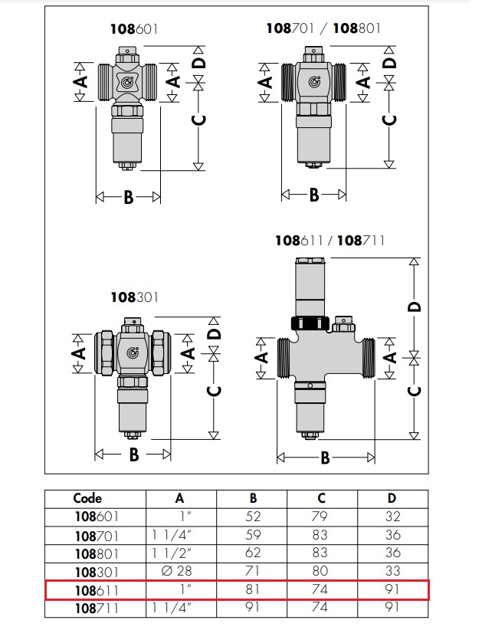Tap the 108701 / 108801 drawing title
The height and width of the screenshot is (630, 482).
pos(323,28)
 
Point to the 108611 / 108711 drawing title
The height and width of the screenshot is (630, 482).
pos(330,241)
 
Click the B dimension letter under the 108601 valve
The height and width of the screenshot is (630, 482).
pos(129,197)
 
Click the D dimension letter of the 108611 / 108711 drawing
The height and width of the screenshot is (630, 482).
pos(414,307)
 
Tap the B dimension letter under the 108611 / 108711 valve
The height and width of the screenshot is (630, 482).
pos(325,458)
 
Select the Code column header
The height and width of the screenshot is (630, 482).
pos(87,498)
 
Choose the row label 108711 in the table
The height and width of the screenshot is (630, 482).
pos(97,609)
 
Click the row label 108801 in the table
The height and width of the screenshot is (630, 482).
pos(97,553)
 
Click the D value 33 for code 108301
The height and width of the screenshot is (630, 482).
pos(392,572)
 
